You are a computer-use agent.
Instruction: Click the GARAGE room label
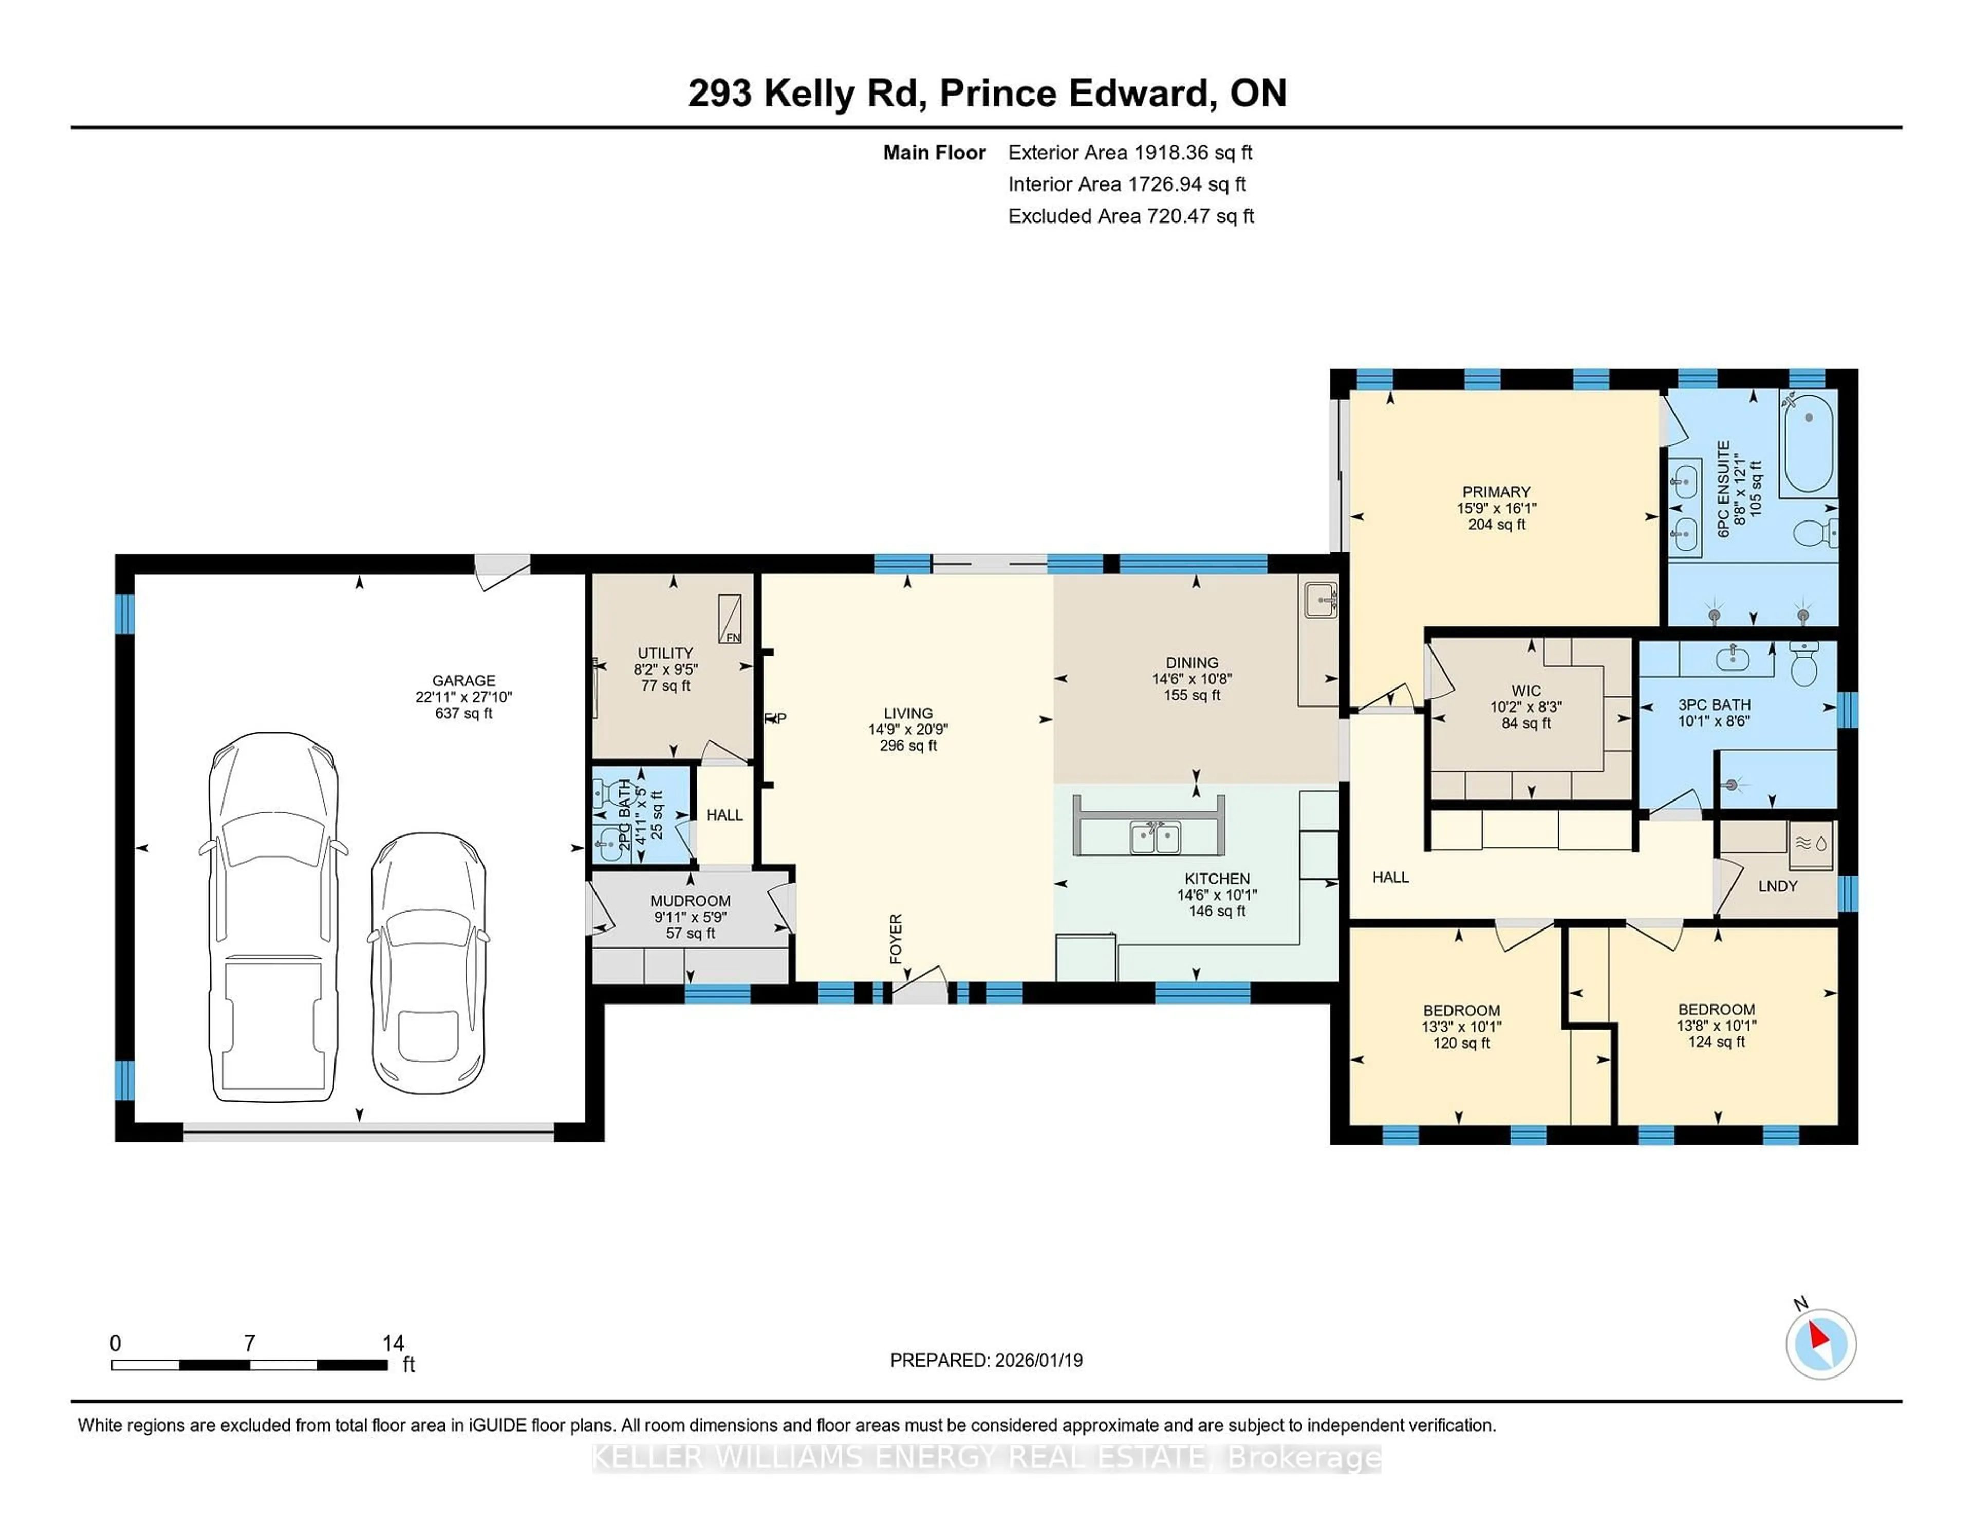[463, 680]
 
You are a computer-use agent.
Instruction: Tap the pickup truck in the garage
[274, 917]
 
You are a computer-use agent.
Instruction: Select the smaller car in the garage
[428, 963]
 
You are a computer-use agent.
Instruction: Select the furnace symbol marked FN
[730, 619]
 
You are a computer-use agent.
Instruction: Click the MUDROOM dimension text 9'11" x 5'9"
[690, 917]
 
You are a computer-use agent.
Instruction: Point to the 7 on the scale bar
[249, 1344]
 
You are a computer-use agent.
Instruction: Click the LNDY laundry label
[1777, 886]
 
